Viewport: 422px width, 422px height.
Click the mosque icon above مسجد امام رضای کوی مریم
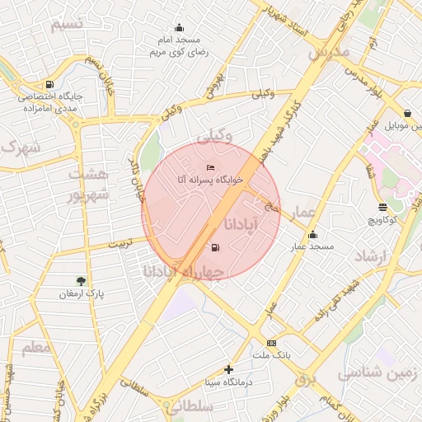(181, 28)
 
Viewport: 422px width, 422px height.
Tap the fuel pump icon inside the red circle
(215, 247)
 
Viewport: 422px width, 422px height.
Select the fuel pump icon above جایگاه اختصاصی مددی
(50, 84)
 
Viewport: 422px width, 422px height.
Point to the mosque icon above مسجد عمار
(312, 235)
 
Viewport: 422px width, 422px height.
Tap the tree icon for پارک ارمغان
(80, 281)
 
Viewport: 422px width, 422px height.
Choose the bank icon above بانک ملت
(271, 343)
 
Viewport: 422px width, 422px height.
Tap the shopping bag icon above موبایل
(407, 114)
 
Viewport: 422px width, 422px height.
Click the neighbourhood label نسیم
(67, 24)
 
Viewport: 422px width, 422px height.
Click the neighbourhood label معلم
(35, 348)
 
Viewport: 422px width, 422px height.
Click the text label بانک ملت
(273, 355)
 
